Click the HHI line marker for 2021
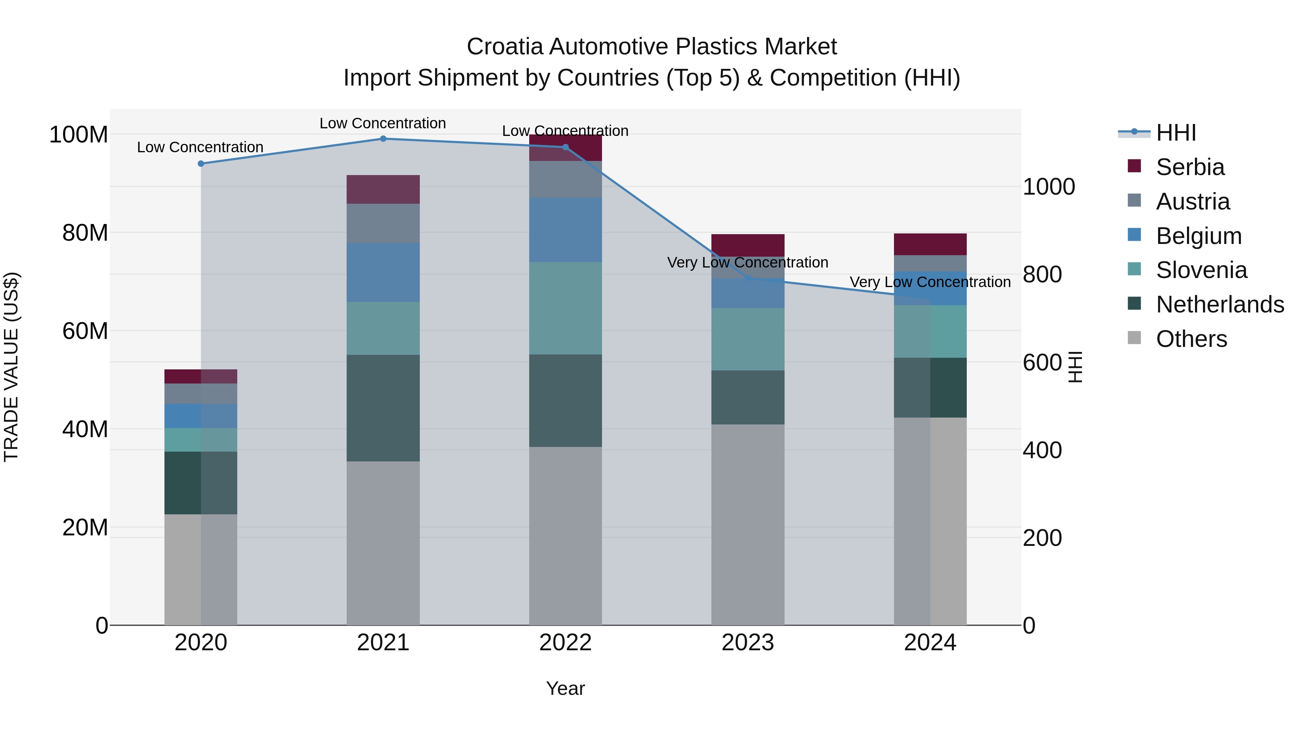(x=383, y=139)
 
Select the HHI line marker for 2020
(x=201, y=163)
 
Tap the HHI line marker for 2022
(x=565, y=148)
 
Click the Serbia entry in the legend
(x=1190, y=167)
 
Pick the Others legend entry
(x=1191, y=339)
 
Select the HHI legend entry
(x=1175, y=133)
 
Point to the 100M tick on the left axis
(x=79, y=135)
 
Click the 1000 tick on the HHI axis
(x=1048, y=187)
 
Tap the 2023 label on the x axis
(x=748, y=643)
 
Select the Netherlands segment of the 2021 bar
(x=383, y=408)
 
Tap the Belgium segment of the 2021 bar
(x=383, y=273)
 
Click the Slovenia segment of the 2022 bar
(x=565, y=308)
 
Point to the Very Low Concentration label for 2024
(x=930, y=282)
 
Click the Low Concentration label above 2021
(x=383, y=123)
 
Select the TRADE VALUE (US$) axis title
(x=11, y=367)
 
